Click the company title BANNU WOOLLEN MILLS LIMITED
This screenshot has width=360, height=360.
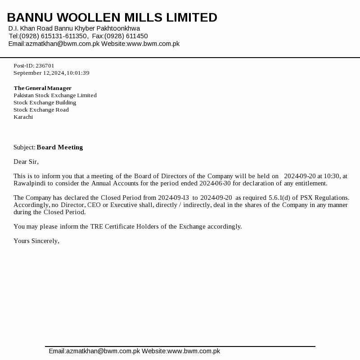point(112,18)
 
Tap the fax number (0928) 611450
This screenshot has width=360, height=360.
point(126,36)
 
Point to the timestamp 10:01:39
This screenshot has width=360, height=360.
point(78,73)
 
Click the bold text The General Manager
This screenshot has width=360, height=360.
point(42,88)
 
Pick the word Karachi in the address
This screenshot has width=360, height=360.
point(23,117)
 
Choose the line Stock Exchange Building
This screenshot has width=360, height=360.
point(45,103)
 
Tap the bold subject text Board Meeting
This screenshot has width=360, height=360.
point(60,147)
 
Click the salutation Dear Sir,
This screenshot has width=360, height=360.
point(26,162)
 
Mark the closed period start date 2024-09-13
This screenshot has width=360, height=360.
point(173,198)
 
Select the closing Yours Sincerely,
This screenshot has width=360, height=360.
point(36,241)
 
